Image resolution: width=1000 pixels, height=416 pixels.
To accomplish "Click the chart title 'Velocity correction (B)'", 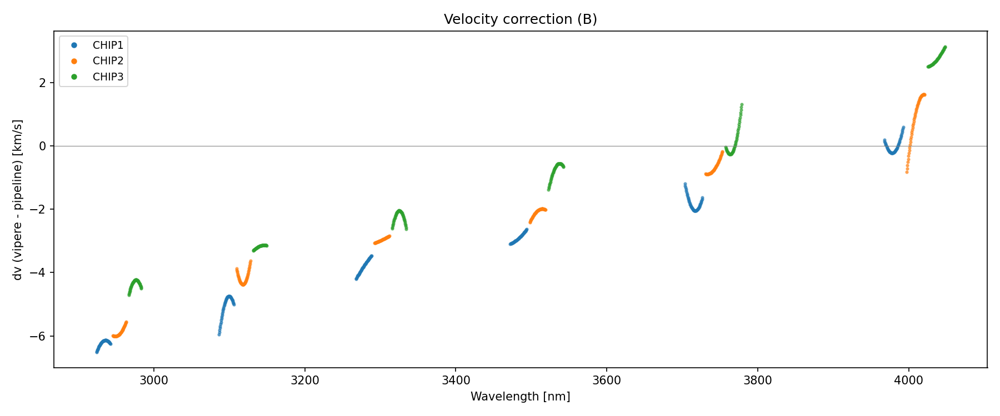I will (520, 19).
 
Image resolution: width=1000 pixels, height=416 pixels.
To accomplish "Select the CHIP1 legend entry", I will (108, 45).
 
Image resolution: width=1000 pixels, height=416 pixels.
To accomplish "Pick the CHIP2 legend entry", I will (108, 61).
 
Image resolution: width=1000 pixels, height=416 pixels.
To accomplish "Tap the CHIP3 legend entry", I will (108, 77).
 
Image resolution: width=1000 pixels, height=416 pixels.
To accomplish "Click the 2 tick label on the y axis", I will (43, 83).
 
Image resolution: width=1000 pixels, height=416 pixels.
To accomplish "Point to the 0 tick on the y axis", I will (43, 146).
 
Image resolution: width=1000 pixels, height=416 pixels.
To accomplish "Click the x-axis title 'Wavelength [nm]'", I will (520, 397).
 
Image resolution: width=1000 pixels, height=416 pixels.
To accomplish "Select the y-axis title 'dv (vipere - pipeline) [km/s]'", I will (18, 200).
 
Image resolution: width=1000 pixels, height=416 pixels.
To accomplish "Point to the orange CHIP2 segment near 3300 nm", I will (382, 240).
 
